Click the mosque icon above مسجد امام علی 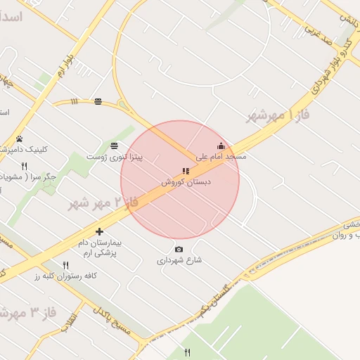click(220, 146)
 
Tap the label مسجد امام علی click(221, 156)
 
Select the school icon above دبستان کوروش click(186, 171)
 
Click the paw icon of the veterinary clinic click(19, 139)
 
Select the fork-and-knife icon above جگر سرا click(25, 167)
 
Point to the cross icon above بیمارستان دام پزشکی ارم click(99, 231)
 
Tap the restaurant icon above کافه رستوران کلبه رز click(65, 265)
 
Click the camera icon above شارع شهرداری click(179, 250)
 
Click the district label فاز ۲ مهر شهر click(103, 203)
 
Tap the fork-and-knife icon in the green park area click(187, 352)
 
